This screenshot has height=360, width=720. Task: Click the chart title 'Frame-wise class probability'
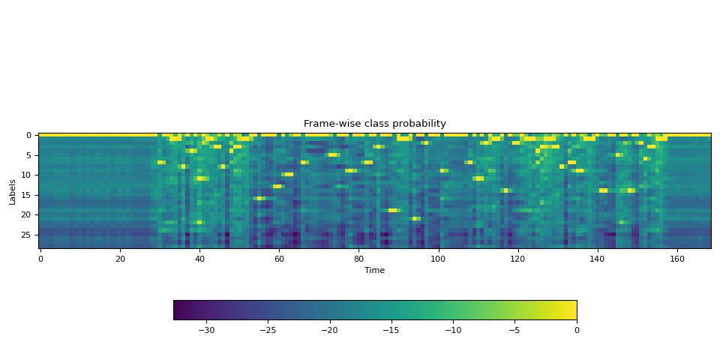tap(374, 124)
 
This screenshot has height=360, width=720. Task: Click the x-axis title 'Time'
tap(374, 270)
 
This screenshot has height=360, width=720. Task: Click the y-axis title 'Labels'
tap(12, 191)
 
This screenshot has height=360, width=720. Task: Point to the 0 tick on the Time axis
tap(40, 259)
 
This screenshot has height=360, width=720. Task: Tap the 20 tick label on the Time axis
tap(120, 259)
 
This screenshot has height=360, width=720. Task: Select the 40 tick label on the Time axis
tap(199, 259)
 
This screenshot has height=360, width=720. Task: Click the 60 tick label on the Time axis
tap(279, 259)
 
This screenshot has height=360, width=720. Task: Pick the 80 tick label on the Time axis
tap(358, 259)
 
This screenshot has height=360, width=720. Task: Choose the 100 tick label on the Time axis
tap(438, 259)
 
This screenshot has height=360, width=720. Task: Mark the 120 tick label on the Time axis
tap(517, 259)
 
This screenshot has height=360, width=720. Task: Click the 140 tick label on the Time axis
tap(597, 259)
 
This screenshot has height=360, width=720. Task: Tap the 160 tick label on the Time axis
tap(676, 259)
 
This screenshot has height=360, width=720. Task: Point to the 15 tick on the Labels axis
tap(27, 195)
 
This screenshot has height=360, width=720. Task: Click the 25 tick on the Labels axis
tap(27, 235)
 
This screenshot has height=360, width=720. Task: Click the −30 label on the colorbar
tap(205, 330)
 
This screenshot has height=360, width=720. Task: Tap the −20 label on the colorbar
tap(328, 330)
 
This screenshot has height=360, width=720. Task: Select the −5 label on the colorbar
tap(514, 330)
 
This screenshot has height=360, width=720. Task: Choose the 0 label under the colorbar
tap(576, 330)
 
